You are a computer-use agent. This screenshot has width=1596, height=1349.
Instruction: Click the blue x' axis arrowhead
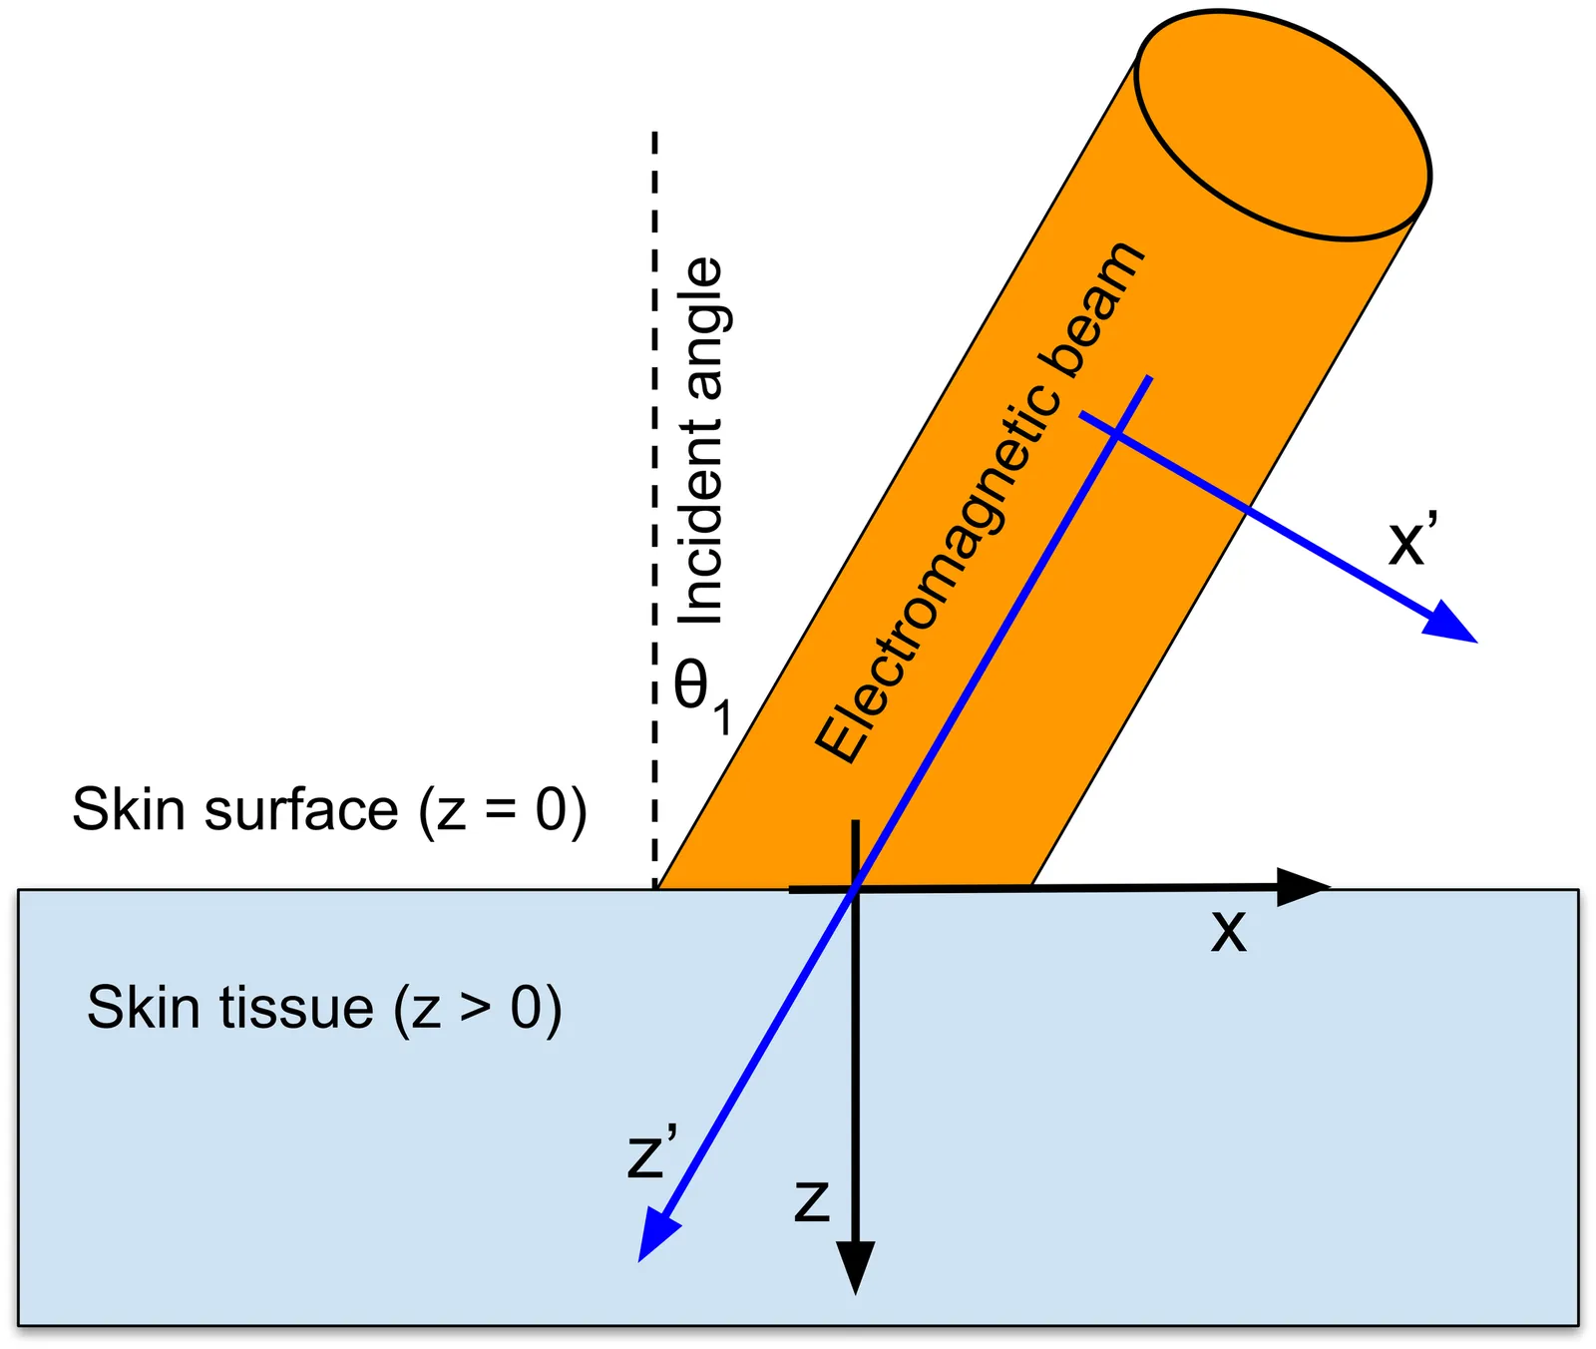[1451, 624]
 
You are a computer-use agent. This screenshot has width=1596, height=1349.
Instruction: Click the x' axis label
[1412, 541]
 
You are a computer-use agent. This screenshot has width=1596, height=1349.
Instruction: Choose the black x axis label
[1229, 932]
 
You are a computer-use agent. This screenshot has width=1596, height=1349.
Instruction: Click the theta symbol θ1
[700, 693]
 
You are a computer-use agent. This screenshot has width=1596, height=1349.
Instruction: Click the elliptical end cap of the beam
[1284, 126]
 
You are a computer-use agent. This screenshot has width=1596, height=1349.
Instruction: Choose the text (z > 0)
[478, 1008]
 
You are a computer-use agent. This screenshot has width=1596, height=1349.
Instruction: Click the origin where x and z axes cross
[855, 887]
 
